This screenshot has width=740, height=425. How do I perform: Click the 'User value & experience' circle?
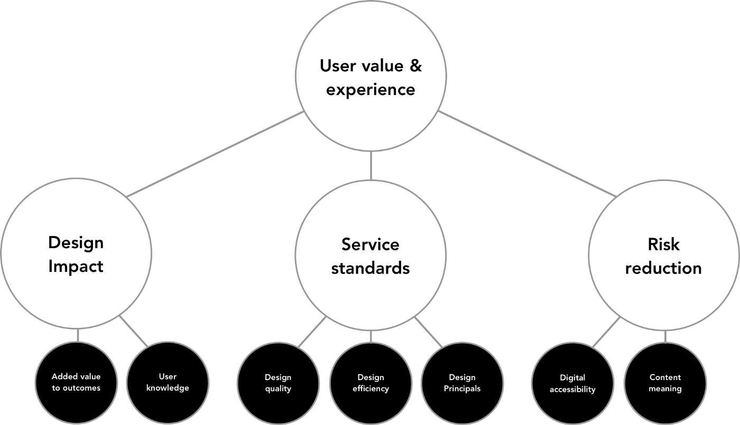pyautogui.click(x=370, y=77)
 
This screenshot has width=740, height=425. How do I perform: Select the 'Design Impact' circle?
pyautogui.click(x=76, y=254)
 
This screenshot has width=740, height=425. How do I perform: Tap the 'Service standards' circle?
pyautogui.click(x=370, y=256)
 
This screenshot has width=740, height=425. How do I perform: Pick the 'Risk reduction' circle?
pyautogui.click(x=663, y=256)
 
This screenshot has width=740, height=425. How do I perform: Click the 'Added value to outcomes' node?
pyautogui.click(x=76, y=382)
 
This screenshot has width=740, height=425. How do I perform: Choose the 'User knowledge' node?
pyautogui.click(x=168, y=382)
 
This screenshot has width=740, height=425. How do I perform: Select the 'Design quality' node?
pyautogui.click(x=278, y=383)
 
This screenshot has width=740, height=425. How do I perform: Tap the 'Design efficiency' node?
pyautogui.click(x=371, y=383)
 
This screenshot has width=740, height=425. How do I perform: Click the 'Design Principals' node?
pyautogui.click(x=462, y=383)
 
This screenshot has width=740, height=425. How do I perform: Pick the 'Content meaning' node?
pyautogui.click(x=665, y=383)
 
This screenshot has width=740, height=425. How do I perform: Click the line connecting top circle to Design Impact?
pyautogui.click(x=216, y=154)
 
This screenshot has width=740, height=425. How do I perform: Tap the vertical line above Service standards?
pyautogui.click(x=370, y=165)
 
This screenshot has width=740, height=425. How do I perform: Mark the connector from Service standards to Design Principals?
pyautogui.click(x=429, y=333)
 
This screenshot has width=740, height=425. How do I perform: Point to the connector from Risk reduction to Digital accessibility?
pyautogui.click(x=605, y=333)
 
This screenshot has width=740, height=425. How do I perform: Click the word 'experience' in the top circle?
pyautogui.click(x=370, y=89)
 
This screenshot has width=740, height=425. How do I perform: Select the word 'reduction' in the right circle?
pyautogui.click(x=663, y=268)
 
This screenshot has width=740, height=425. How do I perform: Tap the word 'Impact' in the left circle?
pyautogui.click(x=76, y=266)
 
